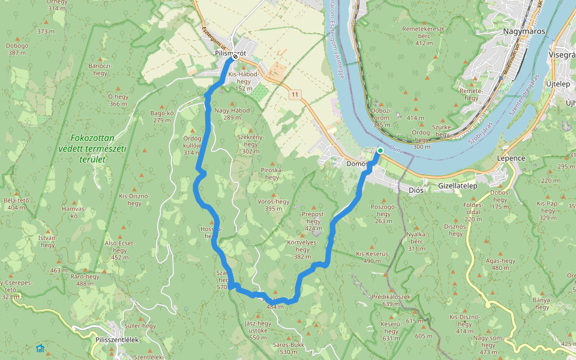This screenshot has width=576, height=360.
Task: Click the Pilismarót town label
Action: [x=230, y=53]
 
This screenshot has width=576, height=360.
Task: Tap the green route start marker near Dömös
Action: [x=380, y=151]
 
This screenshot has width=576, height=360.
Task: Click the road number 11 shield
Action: [x=295, y=95]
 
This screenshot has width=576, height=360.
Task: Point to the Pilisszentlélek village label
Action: [x=117, y=340]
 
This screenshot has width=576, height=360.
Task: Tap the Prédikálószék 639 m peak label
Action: [x=391, y=300]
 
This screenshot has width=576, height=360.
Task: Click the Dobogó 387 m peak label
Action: [x=17, y=49]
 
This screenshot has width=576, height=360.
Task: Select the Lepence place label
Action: [x=511, y=158]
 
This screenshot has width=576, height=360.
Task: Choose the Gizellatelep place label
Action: [x=457, y=186]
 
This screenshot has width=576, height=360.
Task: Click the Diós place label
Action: [x=416, y=190]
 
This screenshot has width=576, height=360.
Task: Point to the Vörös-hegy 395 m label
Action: [x=269, y=205]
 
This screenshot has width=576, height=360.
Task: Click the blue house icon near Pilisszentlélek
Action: [x=40, y=347]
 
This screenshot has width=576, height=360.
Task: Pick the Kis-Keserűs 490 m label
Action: [x=373, y=257]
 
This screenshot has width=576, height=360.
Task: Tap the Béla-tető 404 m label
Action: [x=17, y=204]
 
